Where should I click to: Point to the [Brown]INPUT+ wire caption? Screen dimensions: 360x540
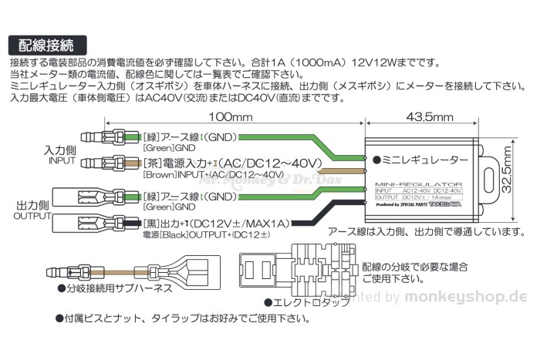[208, 175]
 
